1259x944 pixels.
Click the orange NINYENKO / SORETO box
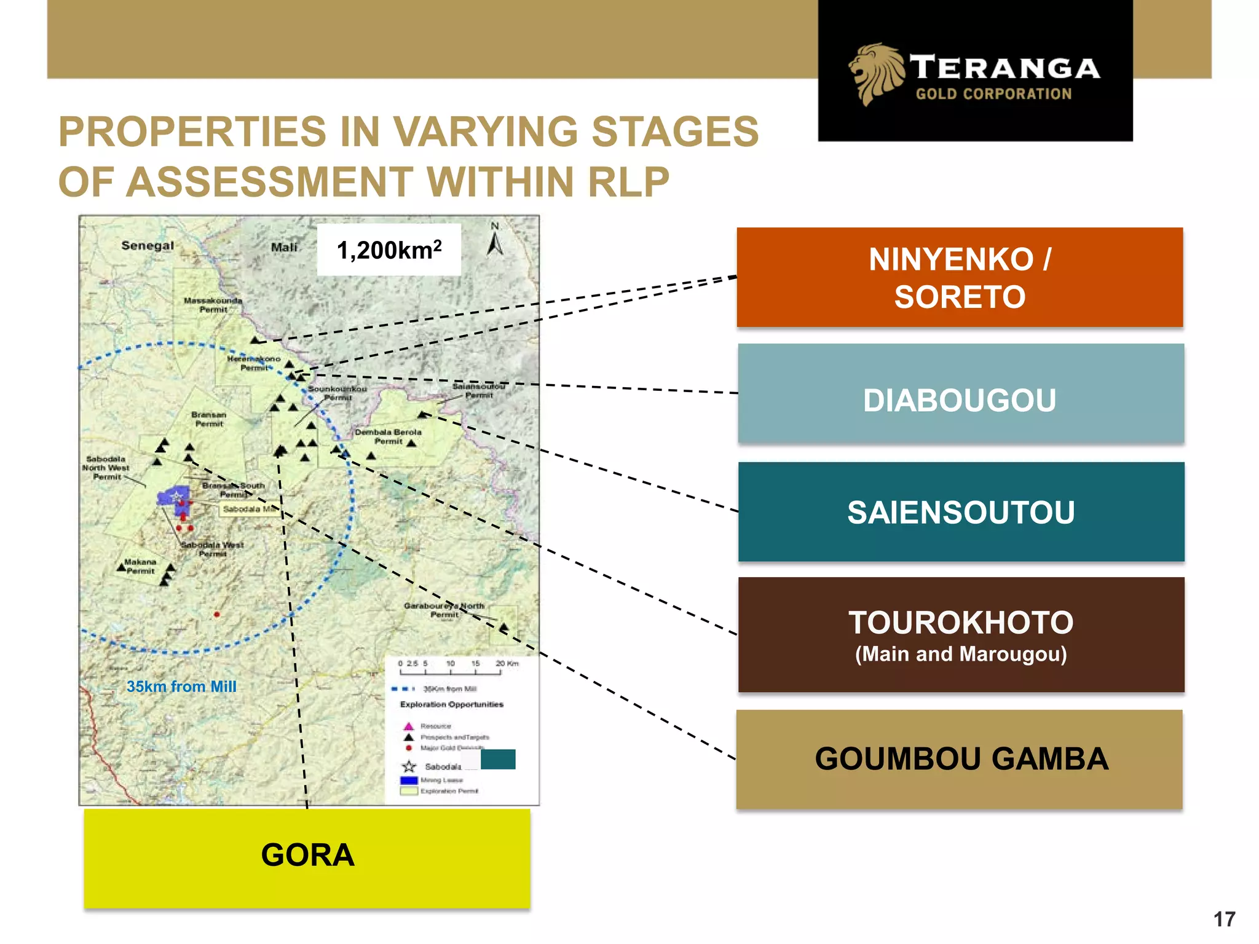pos(960,277)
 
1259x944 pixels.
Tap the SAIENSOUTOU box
pos(961,512)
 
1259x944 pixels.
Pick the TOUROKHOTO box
pos(961,634)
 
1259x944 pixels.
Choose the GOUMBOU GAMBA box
pos(960,759)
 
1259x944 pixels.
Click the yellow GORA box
pos(307,858)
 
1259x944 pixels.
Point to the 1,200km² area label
pos(389,250)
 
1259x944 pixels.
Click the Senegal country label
pos(148,246)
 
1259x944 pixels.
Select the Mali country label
pos(284,247)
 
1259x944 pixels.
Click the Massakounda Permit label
pos(213,305)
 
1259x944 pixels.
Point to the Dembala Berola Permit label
pos(388,436)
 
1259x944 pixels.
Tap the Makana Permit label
pos(140,566)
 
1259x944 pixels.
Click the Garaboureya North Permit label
pos(444,610)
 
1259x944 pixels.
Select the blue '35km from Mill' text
pos(181,686)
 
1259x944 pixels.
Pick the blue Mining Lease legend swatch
pos(409,780)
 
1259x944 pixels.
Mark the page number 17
pos(1224,919)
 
